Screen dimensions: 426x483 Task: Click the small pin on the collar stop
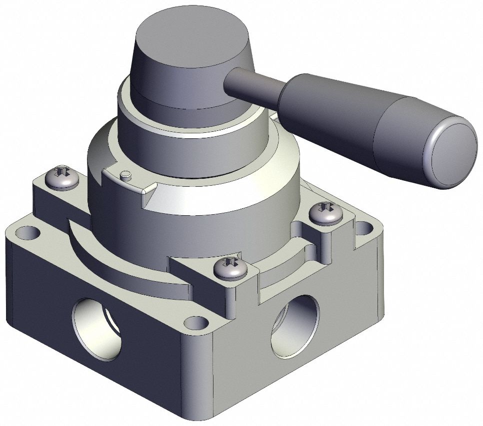point(126,175)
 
